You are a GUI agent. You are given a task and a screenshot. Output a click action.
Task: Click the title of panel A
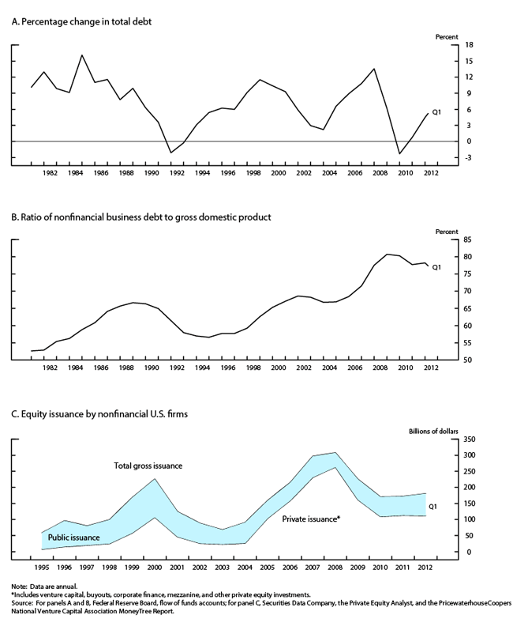tap(81, 21)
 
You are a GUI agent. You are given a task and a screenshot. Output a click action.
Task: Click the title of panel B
tap(141, 217)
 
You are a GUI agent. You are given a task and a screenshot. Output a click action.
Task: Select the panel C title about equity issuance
tap(99, 414)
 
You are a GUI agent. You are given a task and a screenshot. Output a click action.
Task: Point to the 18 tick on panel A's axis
tap(469, 45)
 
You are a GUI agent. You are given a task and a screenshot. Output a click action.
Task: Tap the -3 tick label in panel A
tap(469, 157)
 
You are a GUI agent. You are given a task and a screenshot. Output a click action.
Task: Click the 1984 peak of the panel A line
tap(82, 55)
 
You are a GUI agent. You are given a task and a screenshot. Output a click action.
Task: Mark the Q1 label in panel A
tap(436, 112)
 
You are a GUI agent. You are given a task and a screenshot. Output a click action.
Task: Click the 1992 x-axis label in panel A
tap(177, 173)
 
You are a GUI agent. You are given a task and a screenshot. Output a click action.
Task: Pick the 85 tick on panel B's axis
tap(469, 240)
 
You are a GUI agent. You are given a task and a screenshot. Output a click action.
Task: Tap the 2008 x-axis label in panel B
tap(380, 368)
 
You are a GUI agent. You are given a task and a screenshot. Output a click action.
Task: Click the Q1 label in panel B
tap(436, 267)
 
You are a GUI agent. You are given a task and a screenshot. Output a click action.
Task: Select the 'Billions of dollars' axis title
tap(433, 431)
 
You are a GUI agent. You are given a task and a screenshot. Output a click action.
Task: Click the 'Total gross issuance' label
tap(148, 466)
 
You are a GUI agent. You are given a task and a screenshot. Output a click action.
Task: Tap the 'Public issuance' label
tap(74, 538)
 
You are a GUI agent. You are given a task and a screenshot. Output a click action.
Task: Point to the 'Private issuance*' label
tap(311, 519)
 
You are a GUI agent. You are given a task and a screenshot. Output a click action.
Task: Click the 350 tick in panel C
tap(470, 439)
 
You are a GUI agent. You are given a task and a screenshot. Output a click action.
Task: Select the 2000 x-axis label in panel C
tap(155, 568)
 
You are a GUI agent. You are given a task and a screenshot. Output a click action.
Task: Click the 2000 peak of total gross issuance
tap(155, 478)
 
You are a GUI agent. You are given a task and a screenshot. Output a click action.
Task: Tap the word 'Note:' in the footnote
tap(19, 587)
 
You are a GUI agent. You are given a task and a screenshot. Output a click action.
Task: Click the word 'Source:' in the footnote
tap(21, 603)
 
